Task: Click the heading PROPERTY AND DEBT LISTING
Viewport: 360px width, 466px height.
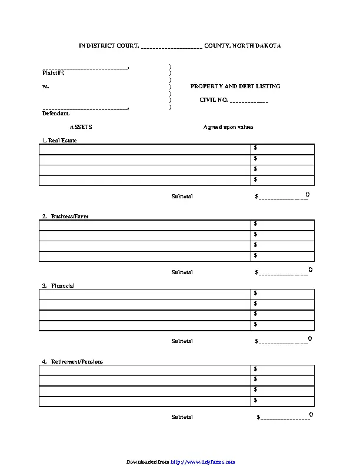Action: click(x=235, y=86)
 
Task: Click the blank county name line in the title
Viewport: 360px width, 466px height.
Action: click(x=172, y=46)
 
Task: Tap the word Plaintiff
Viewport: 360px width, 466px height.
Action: click(x=54, y=74)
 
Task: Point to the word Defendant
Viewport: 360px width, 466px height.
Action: click(x=56, y=114)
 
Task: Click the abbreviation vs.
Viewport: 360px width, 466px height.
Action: click(x=46, y=86)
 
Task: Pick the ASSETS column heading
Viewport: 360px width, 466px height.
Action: click(x=81, y=127)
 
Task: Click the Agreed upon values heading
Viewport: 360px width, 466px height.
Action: click(x=228, y=127)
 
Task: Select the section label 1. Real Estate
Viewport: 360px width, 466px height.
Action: click(x=59, y=141)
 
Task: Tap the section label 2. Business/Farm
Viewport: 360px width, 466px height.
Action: click(x=65, y=217)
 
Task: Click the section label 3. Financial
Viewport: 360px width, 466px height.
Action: click(x=58, y=285)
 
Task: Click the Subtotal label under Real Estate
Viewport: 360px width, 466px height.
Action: click(x=182, y=196)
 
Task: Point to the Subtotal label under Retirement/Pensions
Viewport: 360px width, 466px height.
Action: click(x=182, y=417)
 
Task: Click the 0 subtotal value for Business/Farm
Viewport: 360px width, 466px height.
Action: click(x=310, y=269)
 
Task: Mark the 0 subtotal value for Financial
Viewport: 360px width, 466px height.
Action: click(x=309, y=338)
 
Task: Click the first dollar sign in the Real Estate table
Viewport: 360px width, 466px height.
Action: click(x=256, y=148)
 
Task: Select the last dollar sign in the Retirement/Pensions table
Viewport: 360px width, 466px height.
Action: click(x=256, y=401)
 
